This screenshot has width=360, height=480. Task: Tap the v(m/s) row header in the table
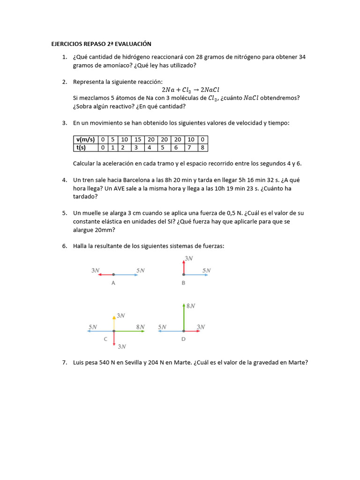coord(85,139)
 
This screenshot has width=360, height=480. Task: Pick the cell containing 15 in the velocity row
coord(137,139)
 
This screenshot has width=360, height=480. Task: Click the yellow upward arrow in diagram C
coord(114,323)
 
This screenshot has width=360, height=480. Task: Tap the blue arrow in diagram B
coord(196,275)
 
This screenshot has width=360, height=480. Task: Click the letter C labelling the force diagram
coord(105,339)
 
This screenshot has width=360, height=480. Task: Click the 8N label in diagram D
coord(190,306)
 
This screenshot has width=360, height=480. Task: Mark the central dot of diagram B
coord(183,275)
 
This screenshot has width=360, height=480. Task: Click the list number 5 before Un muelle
coord(64,213)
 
